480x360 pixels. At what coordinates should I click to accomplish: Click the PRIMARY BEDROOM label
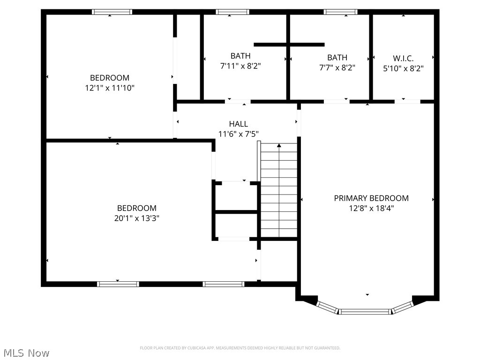[x=371, y=198]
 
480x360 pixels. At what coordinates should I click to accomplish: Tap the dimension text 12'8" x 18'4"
[x=371, y=209]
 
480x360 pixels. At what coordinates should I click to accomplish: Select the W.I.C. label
[x=403, y=58]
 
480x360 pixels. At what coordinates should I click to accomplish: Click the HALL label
[x=238, y=124]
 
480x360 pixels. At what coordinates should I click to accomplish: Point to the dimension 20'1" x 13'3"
[x=136, y=218]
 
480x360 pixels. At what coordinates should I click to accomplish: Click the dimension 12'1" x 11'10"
[x=110, y=88]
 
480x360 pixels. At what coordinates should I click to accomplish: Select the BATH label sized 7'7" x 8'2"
[x=337, y=58]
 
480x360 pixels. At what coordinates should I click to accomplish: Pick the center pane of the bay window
[x=365, y=311]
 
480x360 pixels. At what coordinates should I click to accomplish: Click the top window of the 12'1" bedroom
[x=112, y=12]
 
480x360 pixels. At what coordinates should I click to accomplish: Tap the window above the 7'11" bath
[x=232, y=12]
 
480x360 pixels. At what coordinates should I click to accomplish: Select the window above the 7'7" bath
[x=341, y=12]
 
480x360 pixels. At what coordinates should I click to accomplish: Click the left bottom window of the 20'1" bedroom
[x=118, y=284]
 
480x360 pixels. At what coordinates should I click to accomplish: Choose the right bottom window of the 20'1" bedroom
[x=223, y=284]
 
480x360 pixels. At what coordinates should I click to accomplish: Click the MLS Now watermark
[x=26, y=352]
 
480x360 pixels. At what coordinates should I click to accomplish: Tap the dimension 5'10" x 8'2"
[x=403, y=68]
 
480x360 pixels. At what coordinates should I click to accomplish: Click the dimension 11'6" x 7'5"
[x=238, y=134]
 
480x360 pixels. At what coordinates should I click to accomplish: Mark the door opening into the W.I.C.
[x=407, y=101]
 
